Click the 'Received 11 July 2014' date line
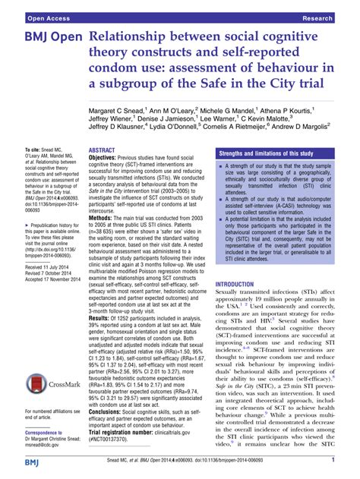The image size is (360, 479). pyautogui.click(x=35, y=247)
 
